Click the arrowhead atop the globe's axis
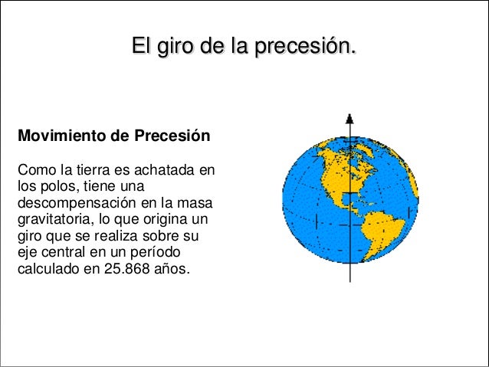(x=350, y=119)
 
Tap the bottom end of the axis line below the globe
(x=350, y=281)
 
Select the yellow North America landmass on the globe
(x=337, y=165)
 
